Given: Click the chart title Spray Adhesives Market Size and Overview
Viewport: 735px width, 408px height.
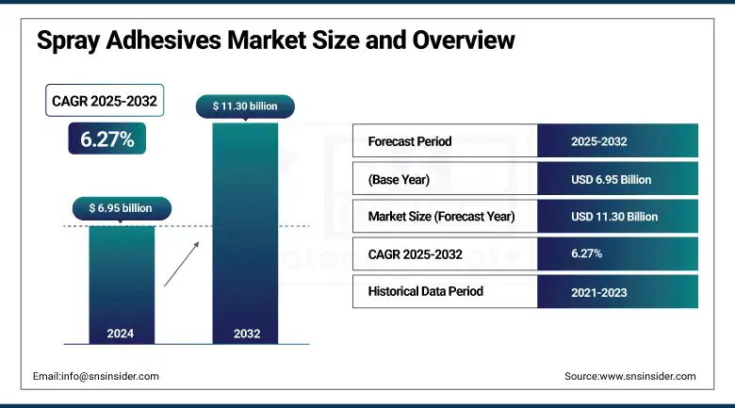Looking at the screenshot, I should [x=275, y=41].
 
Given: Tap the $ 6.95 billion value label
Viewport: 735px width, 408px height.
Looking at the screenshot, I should [x=122, y=207].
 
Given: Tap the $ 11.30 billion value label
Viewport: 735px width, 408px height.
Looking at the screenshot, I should [x=245, y=107].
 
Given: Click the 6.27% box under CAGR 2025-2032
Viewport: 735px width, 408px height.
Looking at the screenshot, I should [x=107, y=139].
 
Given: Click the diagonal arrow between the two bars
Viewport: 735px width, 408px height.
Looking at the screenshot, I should [x=182, y=263].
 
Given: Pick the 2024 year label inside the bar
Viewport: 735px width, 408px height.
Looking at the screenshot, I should [x=122, y=333].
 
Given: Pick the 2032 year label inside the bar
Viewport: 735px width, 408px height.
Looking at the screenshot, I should [x=245, y=333].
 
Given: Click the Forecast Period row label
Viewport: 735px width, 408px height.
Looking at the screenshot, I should [x=410, y=141].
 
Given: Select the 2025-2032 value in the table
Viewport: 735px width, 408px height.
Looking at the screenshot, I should [x=599, y=141].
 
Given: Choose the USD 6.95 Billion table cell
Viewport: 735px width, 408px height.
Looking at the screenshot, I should [x=611, y=179].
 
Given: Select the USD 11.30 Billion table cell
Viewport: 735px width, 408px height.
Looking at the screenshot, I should [x=614, y=217].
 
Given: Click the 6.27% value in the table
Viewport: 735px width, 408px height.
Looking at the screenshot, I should [x=587, y=253].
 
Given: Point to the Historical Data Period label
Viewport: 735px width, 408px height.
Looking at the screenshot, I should [x=425, y=291].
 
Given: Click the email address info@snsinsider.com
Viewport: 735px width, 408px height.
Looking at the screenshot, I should [x=95, y=376].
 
